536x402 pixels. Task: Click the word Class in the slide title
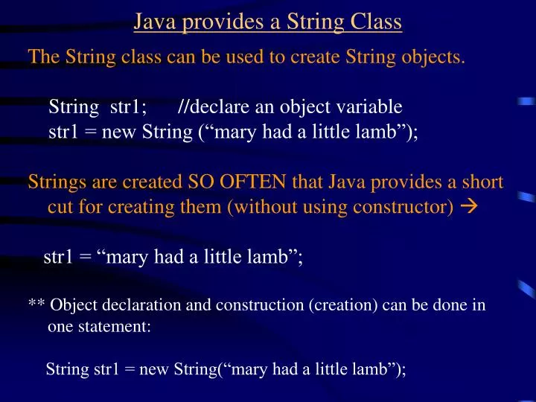coord(376,23)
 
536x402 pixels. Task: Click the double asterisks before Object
coord(36,305)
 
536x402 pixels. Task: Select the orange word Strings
coord(54,182)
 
